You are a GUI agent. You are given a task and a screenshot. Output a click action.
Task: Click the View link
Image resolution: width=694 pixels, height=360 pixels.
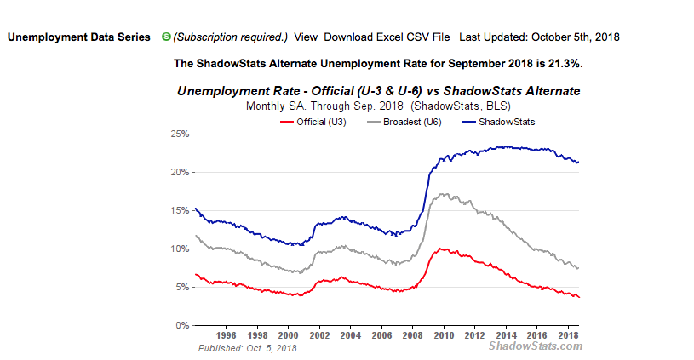(x=306, y=37)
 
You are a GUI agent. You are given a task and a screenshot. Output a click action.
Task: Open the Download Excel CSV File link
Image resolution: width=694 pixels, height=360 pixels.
(x=387, y=37)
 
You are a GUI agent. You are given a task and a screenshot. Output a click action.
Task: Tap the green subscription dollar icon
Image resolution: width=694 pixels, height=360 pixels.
(x=167, y=37)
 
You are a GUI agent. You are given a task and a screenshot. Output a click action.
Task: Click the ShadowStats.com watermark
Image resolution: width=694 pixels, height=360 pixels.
(x=536, y=346)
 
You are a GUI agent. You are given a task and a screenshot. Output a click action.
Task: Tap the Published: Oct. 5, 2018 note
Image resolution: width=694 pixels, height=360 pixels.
(x=247, y=348)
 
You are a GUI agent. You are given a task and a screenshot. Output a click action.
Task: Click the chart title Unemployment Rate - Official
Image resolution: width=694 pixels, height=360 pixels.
(x=379, y=91)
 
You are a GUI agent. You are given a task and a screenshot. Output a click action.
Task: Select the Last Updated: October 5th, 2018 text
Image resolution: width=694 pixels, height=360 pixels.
(x=539, y=37)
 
